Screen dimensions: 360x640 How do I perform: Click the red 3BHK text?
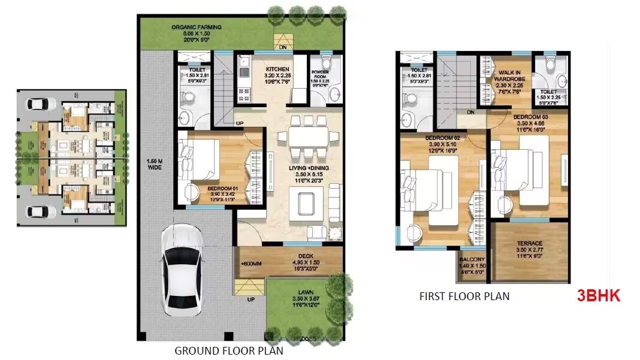click(x=598, y=295)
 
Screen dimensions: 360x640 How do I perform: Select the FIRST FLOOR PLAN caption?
click(x=464, y=296)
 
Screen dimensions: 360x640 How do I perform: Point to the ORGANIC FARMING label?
click(x=197, y=28)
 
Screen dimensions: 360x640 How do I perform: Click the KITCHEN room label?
click(x=277, y=69)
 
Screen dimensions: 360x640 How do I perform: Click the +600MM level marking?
click(x=251, y=264)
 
